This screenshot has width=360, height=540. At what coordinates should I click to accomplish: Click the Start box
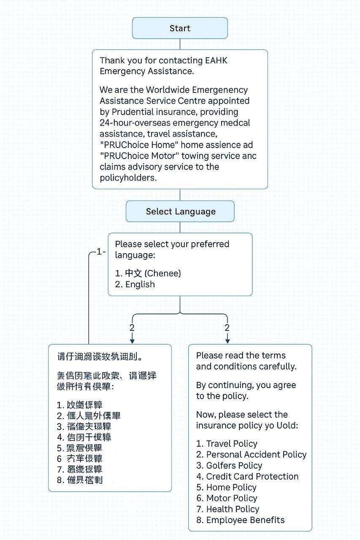[180, 28]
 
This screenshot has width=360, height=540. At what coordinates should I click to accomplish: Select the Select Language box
[180, 211]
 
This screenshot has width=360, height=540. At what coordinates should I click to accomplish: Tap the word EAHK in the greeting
[216, 60]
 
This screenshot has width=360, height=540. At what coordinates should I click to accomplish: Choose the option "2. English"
[135, 284]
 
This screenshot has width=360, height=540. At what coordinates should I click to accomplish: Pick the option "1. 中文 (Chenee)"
[148, 273]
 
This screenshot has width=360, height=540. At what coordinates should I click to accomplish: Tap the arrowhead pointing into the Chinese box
[132, 340]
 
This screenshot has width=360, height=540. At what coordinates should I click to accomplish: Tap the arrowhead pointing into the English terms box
[227, 340]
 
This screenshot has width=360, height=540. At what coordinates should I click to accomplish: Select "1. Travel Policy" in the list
[227, 443]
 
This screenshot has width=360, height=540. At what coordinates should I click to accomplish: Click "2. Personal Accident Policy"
[251, 454]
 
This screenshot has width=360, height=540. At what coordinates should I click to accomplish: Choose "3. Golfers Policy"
[229, 465]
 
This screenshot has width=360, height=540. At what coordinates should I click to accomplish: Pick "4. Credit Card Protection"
[247, 476]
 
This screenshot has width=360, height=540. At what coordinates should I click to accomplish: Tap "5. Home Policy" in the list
[226, 487]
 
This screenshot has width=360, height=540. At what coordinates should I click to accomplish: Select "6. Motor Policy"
[227, 498]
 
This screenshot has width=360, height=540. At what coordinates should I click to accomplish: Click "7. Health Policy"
[227, 509]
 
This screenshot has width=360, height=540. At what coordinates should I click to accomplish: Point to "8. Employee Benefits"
[240, 520]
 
